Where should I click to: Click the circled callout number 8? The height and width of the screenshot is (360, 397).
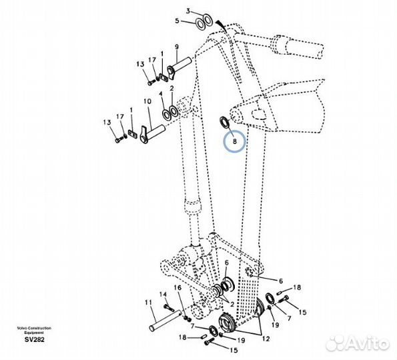234,141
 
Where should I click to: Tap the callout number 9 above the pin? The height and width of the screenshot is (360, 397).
177,47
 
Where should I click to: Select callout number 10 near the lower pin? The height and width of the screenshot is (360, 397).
147,101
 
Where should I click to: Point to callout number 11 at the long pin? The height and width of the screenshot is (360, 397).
148,302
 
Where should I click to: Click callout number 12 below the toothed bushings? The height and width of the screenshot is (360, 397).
266,339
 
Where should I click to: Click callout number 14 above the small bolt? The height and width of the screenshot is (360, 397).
163,294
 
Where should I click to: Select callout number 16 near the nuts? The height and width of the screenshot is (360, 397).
177,287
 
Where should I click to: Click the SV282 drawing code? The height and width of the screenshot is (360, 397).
35,339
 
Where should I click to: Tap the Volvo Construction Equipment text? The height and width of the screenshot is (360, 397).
34,331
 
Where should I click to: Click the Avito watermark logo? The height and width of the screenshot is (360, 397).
358,343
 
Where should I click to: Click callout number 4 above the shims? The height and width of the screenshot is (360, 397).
161,94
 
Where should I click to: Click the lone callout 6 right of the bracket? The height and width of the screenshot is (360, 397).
280,281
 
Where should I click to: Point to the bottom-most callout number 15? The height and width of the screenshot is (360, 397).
234,350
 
